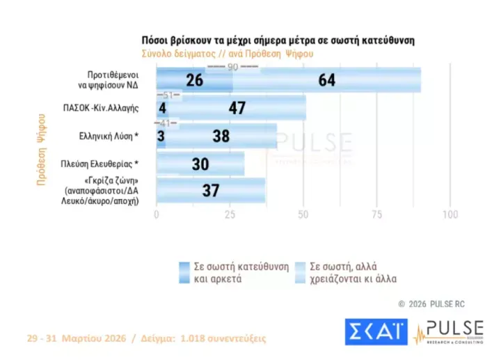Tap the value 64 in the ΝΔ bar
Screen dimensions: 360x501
[326, 80]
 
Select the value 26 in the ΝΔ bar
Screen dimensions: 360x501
[195, 80]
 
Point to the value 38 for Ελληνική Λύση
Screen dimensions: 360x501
[221, 136]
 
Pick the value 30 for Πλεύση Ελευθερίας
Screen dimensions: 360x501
[201, 164]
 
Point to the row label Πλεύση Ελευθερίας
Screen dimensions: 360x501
[104, 164]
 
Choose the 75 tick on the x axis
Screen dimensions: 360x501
[377, 214]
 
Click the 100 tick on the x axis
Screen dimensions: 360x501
[450, 214]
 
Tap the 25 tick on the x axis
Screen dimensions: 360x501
[230, 214]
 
